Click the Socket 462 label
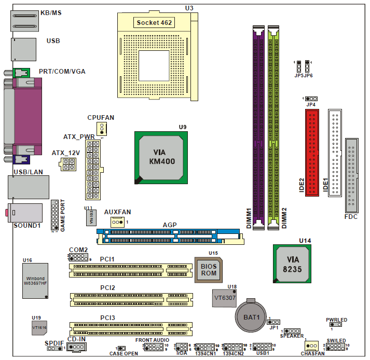[154, 22]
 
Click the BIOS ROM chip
[209, 269]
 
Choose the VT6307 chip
[225, 298]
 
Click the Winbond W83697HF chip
[36, 280]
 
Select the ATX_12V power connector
[68, 165]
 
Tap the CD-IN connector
[77, 347]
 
